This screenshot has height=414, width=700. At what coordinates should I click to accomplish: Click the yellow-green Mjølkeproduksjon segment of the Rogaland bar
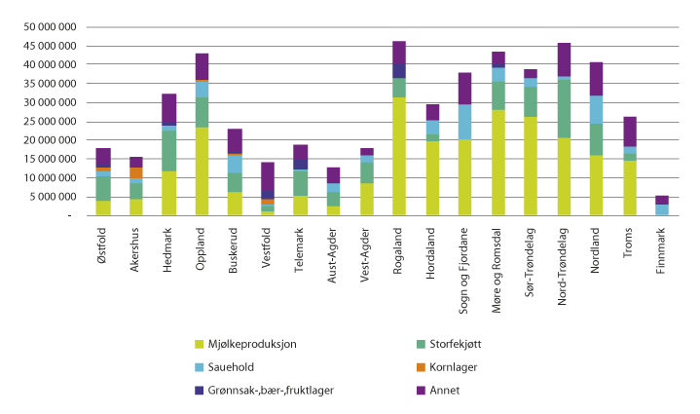(399, 156)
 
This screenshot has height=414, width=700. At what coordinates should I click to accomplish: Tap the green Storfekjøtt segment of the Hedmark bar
(168, 151)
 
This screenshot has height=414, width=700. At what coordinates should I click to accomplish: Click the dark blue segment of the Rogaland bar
(399, 71)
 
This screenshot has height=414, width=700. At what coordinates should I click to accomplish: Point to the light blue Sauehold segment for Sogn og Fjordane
(465, 122)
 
